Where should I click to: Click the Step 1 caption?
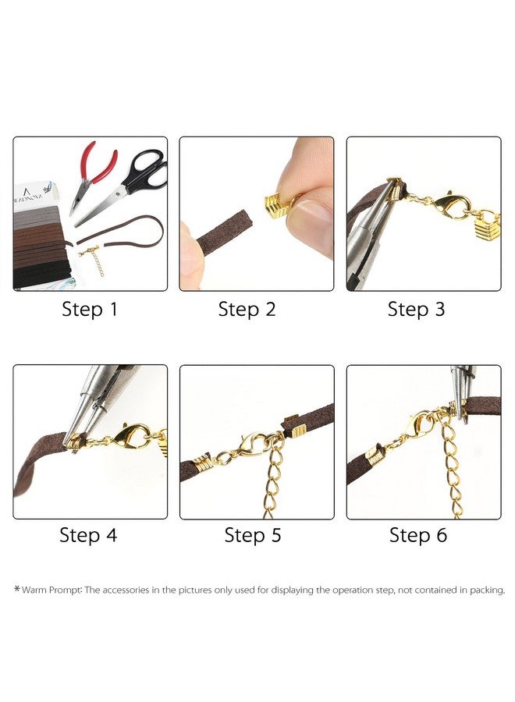point(90,309)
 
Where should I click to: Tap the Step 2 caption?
point(247,309)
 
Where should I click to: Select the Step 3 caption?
point(416,309)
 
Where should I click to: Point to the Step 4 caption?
point(88,535)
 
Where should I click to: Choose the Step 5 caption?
point(253,535)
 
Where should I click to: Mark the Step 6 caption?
point(418,535)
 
